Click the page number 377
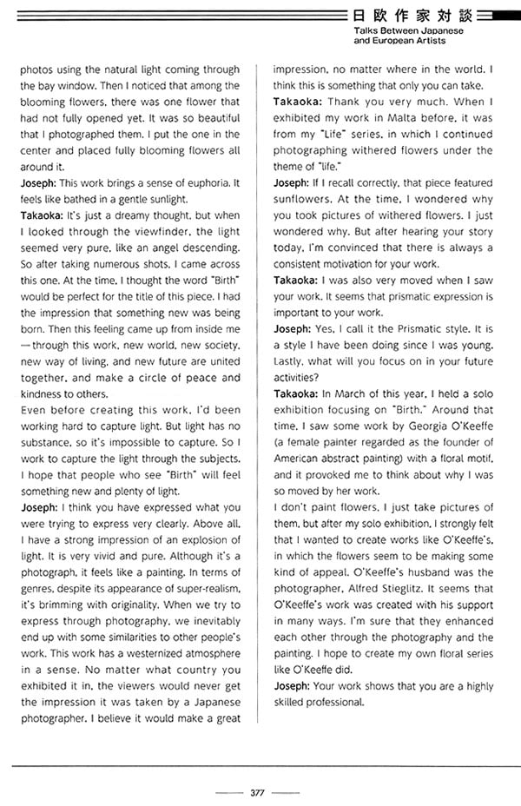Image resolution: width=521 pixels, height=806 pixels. pyautogui.click(x=257, y=791)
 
